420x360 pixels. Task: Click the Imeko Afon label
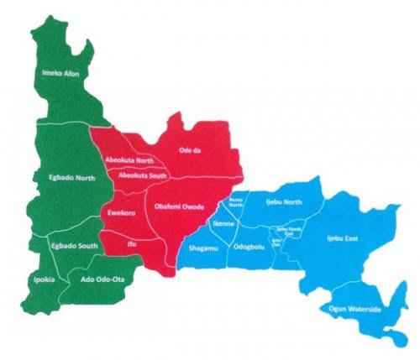[60, 75]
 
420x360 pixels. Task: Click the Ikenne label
[224, 224]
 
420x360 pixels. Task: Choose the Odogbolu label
[249, 247]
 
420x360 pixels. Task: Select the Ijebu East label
[343, 239]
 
